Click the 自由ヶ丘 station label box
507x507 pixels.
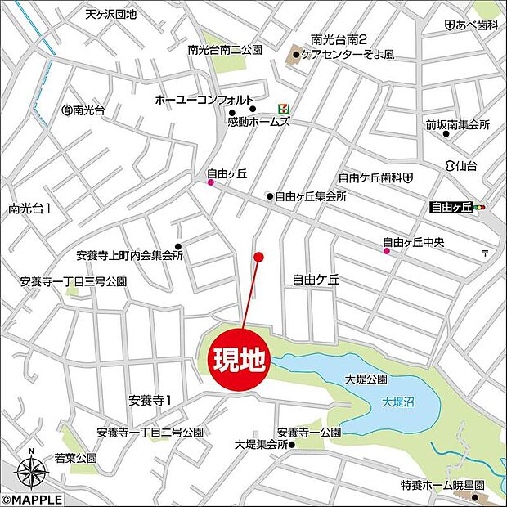452,208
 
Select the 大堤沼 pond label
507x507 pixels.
399,402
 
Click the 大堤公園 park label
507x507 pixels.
366,380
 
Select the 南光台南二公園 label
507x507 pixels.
224,50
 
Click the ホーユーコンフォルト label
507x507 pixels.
192,100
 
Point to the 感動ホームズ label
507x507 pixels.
258,122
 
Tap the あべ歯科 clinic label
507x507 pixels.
476,26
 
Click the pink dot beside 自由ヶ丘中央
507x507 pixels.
387,252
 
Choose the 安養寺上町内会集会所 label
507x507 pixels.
128,254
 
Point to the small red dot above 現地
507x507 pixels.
258,257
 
